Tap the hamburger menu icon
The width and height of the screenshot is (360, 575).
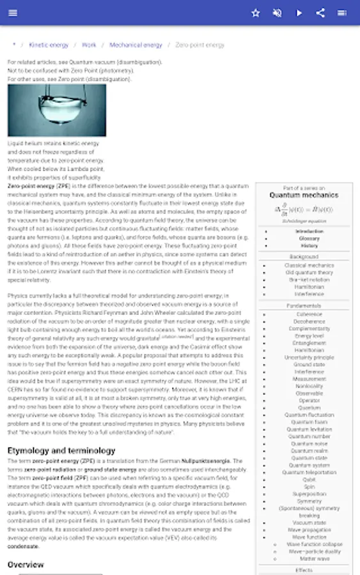click(13, 13)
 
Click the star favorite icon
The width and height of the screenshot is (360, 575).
click(256, 13)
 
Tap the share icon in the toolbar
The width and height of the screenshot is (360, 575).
click(320, 13)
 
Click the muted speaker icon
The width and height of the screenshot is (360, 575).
click(278, 13)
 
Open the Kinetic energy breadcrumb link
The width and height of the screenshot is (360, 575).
click(49, 45)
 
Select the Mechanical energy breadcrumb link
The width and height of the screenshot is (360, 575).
click(136, 45)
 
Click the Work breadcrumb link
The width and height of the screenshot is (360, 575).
click(89, 45)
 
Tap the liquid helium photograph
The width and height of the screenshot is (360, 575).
click(57, 111)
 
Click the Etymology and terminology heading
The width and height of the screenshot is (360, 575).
click(61, 450)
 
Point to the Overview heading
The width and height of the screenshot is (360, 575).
click(26, 565)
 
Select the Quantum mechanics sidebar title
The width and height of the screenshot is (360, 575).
click(304, 195)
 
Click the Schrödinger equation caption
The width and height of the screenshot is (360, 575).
click(304, 221)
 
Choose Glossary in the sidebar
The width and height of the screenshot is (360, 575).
click(309, 238)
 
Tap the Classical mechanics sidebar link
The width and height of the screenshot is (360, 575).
click(309, 265)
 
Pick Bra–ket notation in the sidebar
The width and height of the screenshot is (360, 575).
click(309, 280)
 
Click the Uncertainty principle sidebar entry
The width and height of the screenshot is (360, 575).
click(309, 358)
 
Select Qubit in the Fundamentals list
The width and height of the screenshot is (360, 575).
click(309, 479)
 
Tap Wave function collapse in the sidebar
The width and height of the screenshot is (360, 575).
click(315, 544)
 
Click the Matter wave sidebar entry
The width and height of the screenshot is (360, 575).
click(315, 558)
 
